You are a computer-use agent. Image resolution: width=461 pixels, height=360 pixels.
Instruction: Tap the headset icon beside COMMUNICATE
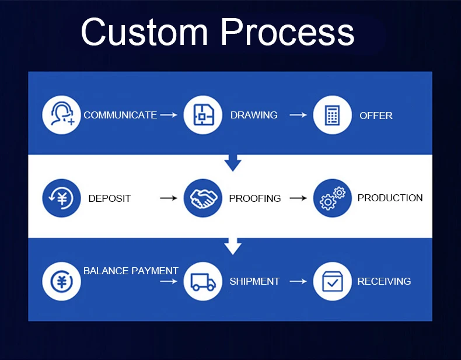coord(61,115)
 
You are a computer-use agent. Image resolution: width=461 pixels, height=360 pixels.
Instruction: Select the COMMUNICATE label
coord(120,115)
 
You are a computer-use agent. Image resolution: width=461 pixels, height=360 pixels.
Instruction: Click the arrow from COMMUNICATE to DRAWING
coord(169,115)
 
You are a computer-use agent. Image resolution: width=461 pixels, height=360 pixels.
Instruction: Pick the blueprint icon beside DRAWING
coord(203,115)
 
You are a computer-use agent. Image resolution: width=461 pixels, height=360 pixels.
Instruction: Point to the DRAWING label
coord(254,115)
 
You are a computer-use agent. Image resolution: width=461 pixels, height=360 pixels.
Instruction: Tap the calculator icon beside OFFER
coord(333,115)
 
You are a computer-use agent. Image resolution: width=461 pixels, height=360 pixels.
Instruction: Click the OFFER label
coord(376,116)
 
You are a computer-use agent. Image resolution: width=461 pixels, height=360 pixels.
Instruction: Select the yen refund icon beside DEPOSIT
coord(61,198)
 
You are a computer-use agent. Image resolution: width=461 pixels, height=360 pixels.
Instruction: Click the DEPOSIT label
coord(110,198)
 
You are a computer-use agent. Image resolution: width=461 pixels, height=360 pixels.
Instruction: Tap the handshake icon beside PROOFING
coord(203,198)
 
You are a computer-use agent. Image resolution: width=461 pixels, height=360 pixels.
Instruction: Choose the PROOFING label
coord(255,198)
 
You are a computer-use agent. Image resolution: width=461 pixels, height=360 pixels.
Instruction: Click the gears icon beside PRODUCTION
coord(333,198)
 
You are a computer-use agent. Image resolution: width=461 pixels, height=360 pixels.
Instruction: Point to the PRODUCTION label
coord(390,198)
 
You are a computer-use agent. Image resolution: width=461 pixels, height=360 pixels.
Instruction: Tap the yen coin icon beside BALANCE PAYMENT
coord(61,281)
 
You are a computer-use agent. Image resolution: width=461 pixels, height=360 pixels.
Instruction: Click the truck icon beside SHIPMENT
coord(203,281)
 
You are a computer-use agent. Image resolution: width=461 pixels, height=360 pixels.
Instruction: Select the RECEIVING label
coord(384,281)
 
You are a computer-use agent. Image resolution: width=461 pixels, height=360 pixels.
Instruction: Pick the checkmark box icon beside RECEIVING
coord(333,281)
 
